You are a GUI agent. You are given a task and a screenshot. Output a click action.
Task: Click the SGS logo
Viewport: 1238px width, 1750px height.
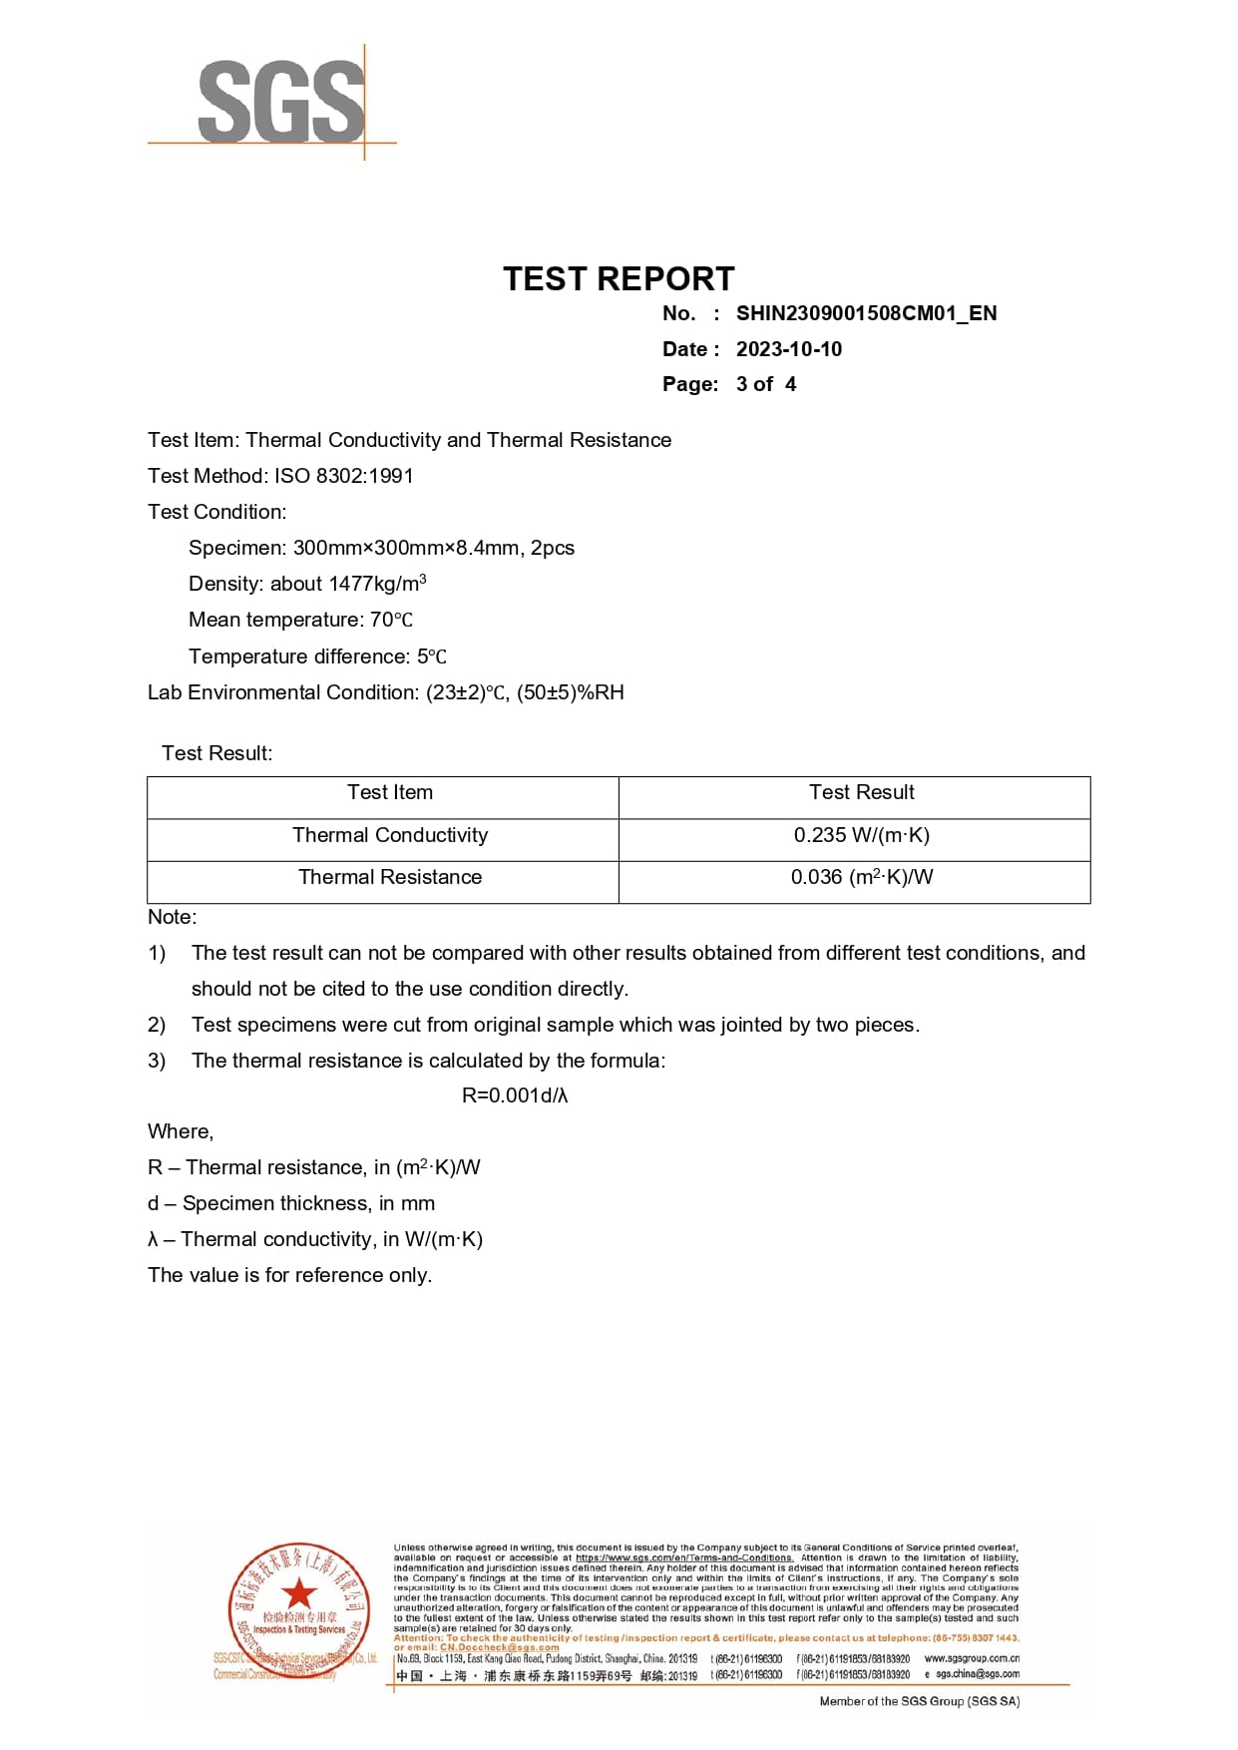pyautogui.click(x=280, y=101)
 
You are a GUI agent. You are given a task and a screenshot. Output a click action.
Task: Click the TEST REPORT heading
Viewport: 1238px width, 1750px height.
pyautogui.click(x=619, y=278)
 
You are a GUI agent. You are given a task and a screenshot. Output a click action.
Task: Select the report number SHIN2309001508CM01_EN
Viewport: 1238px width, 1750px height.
pyautogui.click(x=866, y=313)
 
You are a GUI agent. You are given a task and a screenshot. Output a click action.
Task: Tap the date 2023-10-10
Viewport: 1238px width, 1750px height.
pyautogui.click(x=788, y=349)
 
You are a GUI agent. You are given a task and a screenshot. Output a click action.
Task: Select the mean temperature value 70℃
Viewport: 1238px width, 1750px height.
pyautogui.click(x=391, y=620)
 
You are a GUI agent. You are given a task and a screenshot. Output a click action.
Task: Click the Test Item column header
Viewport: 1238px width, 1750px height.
pyautogui.click(x=390, y=792)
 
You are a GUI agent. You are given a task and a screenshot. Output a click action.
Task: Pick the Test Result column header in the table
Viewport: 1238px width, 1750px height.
pyautogui.click(x=861, y=792)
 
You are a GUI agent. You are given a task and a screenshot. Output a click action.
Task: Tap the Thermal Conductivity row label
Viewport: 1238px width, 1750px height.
pyautogui.click(x=390, y=835)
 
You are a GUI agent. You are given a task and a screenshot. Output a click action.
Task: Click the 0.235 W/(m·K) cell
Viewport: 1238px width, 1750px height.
pyautogui.click(x=861, y=835)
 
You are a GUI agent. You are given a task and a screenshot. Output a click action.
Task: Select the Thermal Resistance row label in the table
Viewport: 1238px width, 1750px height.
pyautogui.click(x=390, y=877)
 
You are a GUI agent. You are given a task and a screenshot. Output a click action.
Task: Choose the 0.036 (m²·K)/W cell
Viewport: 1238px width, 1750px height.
pyautogui.click(x=861, y=877)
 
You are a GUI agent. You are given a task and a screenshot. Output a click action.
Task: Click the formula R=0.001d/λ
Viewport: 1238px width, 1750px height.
pyautogui.click(x=515, y=1095)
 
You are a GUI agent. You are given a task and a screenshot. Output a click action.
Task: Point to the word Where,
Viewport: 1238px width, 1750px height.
pyautogui.click(x=181, y=1131)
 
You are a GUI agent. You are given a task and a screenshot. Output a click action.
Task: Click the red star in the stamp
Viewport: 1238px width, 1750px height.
pyautogui.click(x=298, y=1593)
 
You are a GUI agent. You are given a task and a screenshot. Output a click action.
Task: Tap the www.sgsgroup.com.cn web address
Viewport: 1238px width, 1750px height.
pyautogui.click(x=971, y=1658)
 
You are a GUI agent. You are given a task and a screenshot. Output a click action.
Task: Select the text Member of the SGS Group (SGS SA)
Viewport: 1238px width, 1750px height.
pyautogui.click(x=919, y=1701)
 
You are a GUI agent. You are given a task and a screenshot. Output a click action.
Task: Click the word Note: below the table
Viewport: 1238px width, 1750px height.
pyautogui.click(x=173, y=917)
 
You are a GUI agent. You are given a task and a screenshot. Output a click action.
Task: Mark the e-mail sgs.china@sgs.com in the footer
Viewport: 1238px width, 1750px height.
pyautogui.click(x=977, y=1674)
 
